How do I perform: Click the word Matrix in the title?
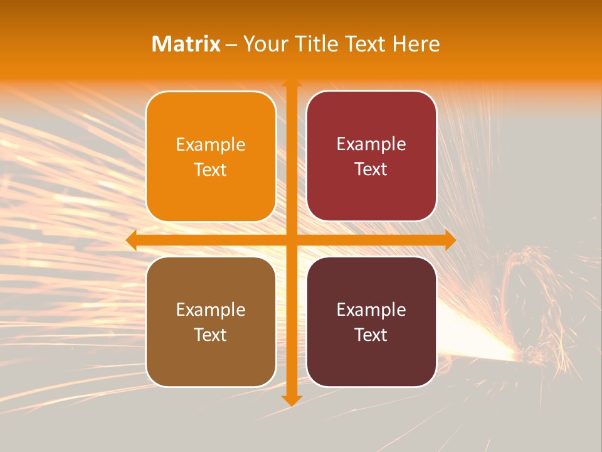coord(186,44)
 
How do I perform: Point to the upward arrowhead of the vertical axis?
coord(291,83)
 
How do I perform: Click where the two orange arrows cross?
coord(291,240)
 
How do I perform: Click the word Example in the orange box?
coord(211,144)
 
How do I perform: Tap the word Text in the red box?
coord(371,169)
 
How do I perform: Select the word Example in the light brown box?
coord(211,309)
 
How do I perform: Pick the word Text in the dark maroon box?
coord(371,335)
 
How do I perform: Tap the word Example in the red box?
coord(371,144)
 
